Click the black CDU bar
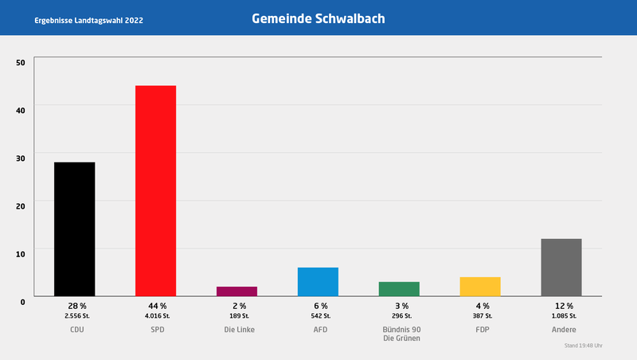click(x=74, y=229)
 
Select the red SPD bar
click(x=155, y=191)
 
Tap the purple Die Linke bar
click(x=236, y=292)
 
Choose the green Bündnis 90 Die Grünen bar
click(x=399, y=289)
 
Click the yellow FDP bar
click(x=480, y=287)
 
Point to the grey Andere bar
click(x=561, y=268)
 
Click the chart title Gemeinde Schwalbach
click(x=318, y=18)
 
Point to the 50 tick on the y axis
click(x=21, y=62)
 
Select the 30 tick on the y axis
click(x=21, y=158)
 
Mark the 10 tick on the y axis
click(x=21, y=252)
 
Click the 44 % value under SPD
click(x=157, y=306)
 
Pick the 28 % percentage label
click(x=76, y=306)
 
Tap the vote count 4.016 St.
click(x=157, y=316)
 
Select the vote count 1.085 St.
click(x=563, y=316)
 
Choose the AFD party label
click(x=319, y=329)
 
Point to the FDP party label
click(x=482, y=329)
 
